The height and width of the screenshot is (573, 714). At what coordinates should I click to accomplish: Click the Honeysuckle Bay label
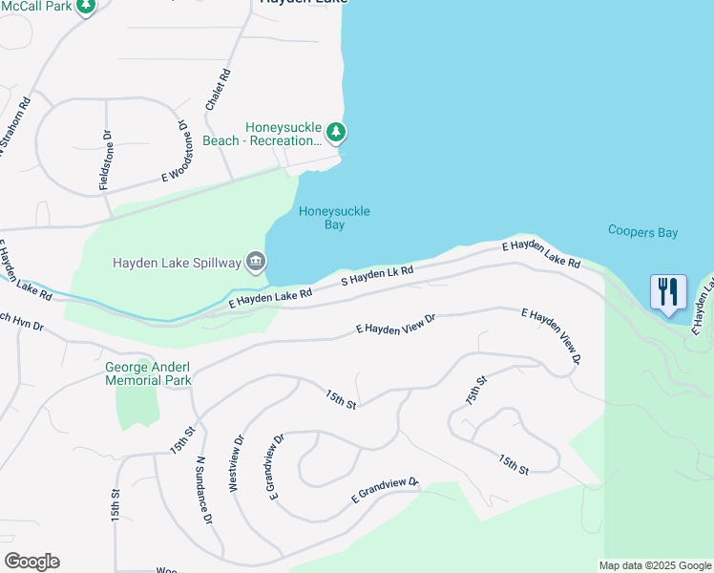pyautogui.click(x=334, y=218)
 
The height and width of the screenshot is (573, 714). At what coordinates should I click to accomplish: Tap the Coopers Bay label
pyautogui.click(x=642, y=231)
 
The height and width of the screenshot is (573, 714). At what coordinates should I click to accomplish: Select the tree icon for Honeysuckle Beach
pyautogui.click(x=335, y=131)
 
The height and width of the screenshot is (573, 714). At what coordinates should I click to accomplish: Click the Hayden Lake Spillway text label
pyautogui.click(x=178, y=262)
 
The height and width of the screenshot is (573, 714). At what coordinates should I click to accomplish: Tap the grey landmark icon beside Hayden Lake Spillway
pyautogui.click(x=256, y=261)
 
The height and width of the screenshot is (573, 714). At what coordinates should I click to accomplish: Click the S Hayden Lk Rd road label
pyautogui.click(x=378, y=277)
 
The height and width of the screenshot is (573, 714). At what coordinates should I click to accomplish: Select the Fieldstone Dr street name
pyautogui.click(x=105, y=159)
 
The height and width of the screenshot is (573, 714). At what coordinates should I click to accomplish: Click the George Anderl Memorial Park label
pyautogui.click(x=149, y=373)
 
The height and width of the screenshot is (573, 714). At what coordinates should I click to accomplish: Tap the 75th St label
pyautogui.click(x=476, y=391)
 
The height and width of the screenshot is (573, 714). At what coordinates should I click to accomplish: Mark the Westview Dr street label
pyautogui.click(x=236, y=463)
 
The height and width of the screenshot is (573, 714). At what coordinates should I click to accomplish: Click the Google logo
pyautogui.click(x=31, y=562)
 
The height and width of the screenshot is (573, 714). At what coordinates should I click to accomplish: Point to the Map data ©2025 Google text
pyautogui.click(x=655, y=565)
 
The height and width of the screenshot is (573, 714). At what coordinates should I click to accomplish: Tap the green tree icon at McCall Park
pyautogui.click(x=85, y=7)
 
